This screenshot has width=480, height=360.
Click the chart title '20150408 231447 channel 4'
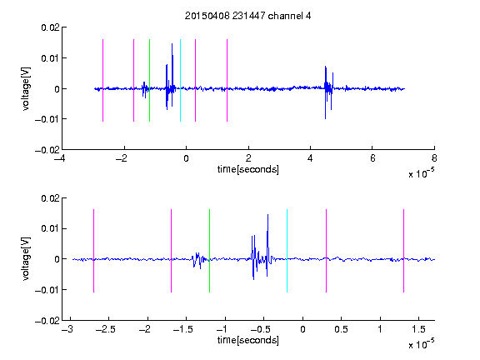(x=247, y=16)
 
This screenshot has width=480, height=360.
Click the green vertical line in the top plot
(x=149, y=80)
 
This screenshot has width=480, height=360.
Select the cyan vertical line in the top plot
(x=180, y=80)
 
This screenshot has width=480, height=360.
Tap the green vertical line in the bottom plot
(x=209, y=251)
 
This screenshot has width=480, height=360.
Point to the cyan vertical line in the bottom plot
(x=287, y=251)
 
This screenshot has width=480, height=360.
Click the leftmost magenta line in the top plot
(x=102, y=80)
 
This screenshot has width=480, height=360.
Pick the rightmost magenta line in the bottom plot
(x=403, y=251)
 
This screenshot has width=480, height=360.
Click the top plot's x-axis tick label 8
(x=434, y=158)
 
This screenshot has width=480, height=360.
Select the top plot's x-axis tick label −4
(x=60, y=158)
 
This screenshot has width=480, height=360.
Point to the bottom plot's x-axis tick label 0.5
(x=341, y=329)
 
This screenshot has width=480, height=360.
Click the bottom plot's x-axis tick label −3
(x=67, y=329)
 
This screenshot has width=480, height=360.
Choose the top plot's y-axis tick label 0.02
(x=50, y=27)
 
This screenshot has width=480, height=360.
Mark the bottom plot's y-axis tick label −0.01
(x=47, y=290)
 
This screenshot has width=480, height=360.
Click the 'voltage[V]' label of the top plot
(x=26, y=89)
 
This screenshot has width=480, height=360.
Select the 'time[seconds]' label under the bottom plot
(x=248, y=340)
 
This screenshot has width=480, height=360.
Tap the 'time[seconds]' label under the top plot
(x=248, y=169)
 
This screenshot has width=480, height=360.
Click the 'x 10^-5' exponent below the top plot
(x=421, y=172)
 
